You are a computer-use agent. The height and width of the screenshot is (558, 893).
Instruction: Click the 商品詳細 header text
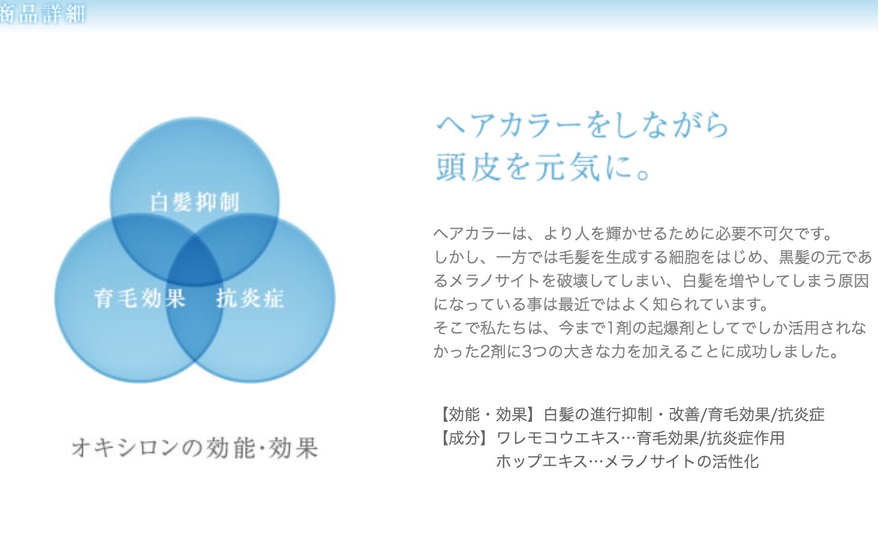pyautogui.click(x=42, y=14)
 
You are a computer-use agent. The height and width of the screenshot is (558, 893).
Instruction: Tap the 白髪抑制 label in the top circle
pyautogui.click(x=195, y=202)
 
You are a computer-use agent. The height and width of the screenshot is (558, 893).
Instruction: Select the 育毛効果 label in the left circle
pyautogui.click(x=140, y=298)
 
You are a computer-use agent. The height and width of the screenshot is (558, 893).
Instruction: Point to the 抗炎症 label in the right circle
pyautogui.click(x=250, y=298)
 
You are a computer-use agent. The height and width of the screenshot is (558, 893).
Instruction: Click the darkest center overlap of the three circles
pyautogui.click(x=195, y=261)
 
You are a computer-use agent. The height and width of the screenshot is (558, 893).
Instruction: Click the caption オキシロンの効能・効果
pyautogui.click(x=195, y=448)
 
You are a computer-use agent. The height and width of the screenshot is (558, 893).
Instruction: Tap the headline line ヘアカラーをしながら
pyautogui.click(x=582, y=125)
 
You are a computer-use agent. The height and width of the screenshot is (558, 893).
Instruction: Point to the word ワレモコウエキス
pyautogui.click(x=558, y=438)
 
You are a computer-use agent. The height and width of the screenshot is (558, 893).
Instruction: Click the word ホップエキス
pyautogui.click(x=542, y=461)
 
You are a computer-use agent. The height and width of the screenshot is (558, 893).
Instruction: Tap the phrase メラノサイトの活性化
pyautogui.click(x=681, y=461)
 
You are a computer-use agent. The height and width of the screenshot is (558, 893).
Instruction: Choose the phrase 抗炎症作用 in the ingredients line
pyautogui.click(x=746, y=438)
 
